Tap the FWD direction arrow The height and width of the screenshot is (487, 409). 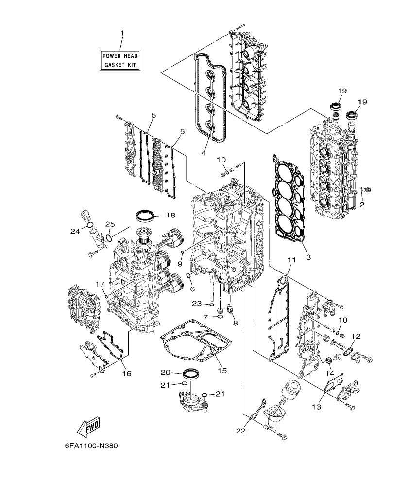coord(89,427)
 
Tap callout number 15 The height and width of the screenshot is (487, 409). coord(222,371)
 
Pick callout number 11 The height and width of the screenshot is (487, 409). coord(291,260)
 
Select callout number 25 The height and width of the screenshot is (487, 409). coord(110,224)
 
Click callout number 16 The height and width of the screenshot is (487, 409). coord(127,374)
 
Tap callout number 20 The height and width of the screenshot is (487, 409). coord(165,372)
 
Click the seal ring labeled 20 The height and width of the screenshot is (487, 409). coord(190,374)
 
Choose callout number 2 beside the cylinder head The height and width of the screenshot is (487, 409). coord(361,205)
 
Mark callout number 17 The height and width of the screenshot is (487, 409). coord(100,284)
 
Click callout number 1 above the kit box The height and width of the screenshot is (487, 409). coord(122,33)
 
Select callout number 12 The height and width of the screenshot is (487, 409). coord(356,336)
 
